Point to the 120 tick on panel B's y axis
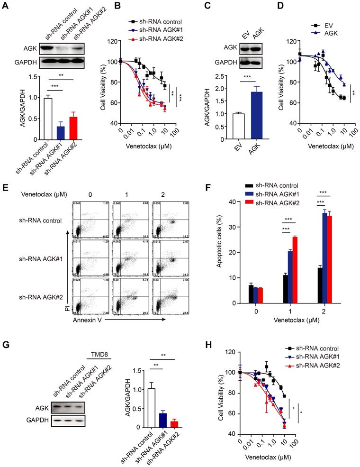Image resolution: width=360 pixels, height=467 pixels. click(112, 42)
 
